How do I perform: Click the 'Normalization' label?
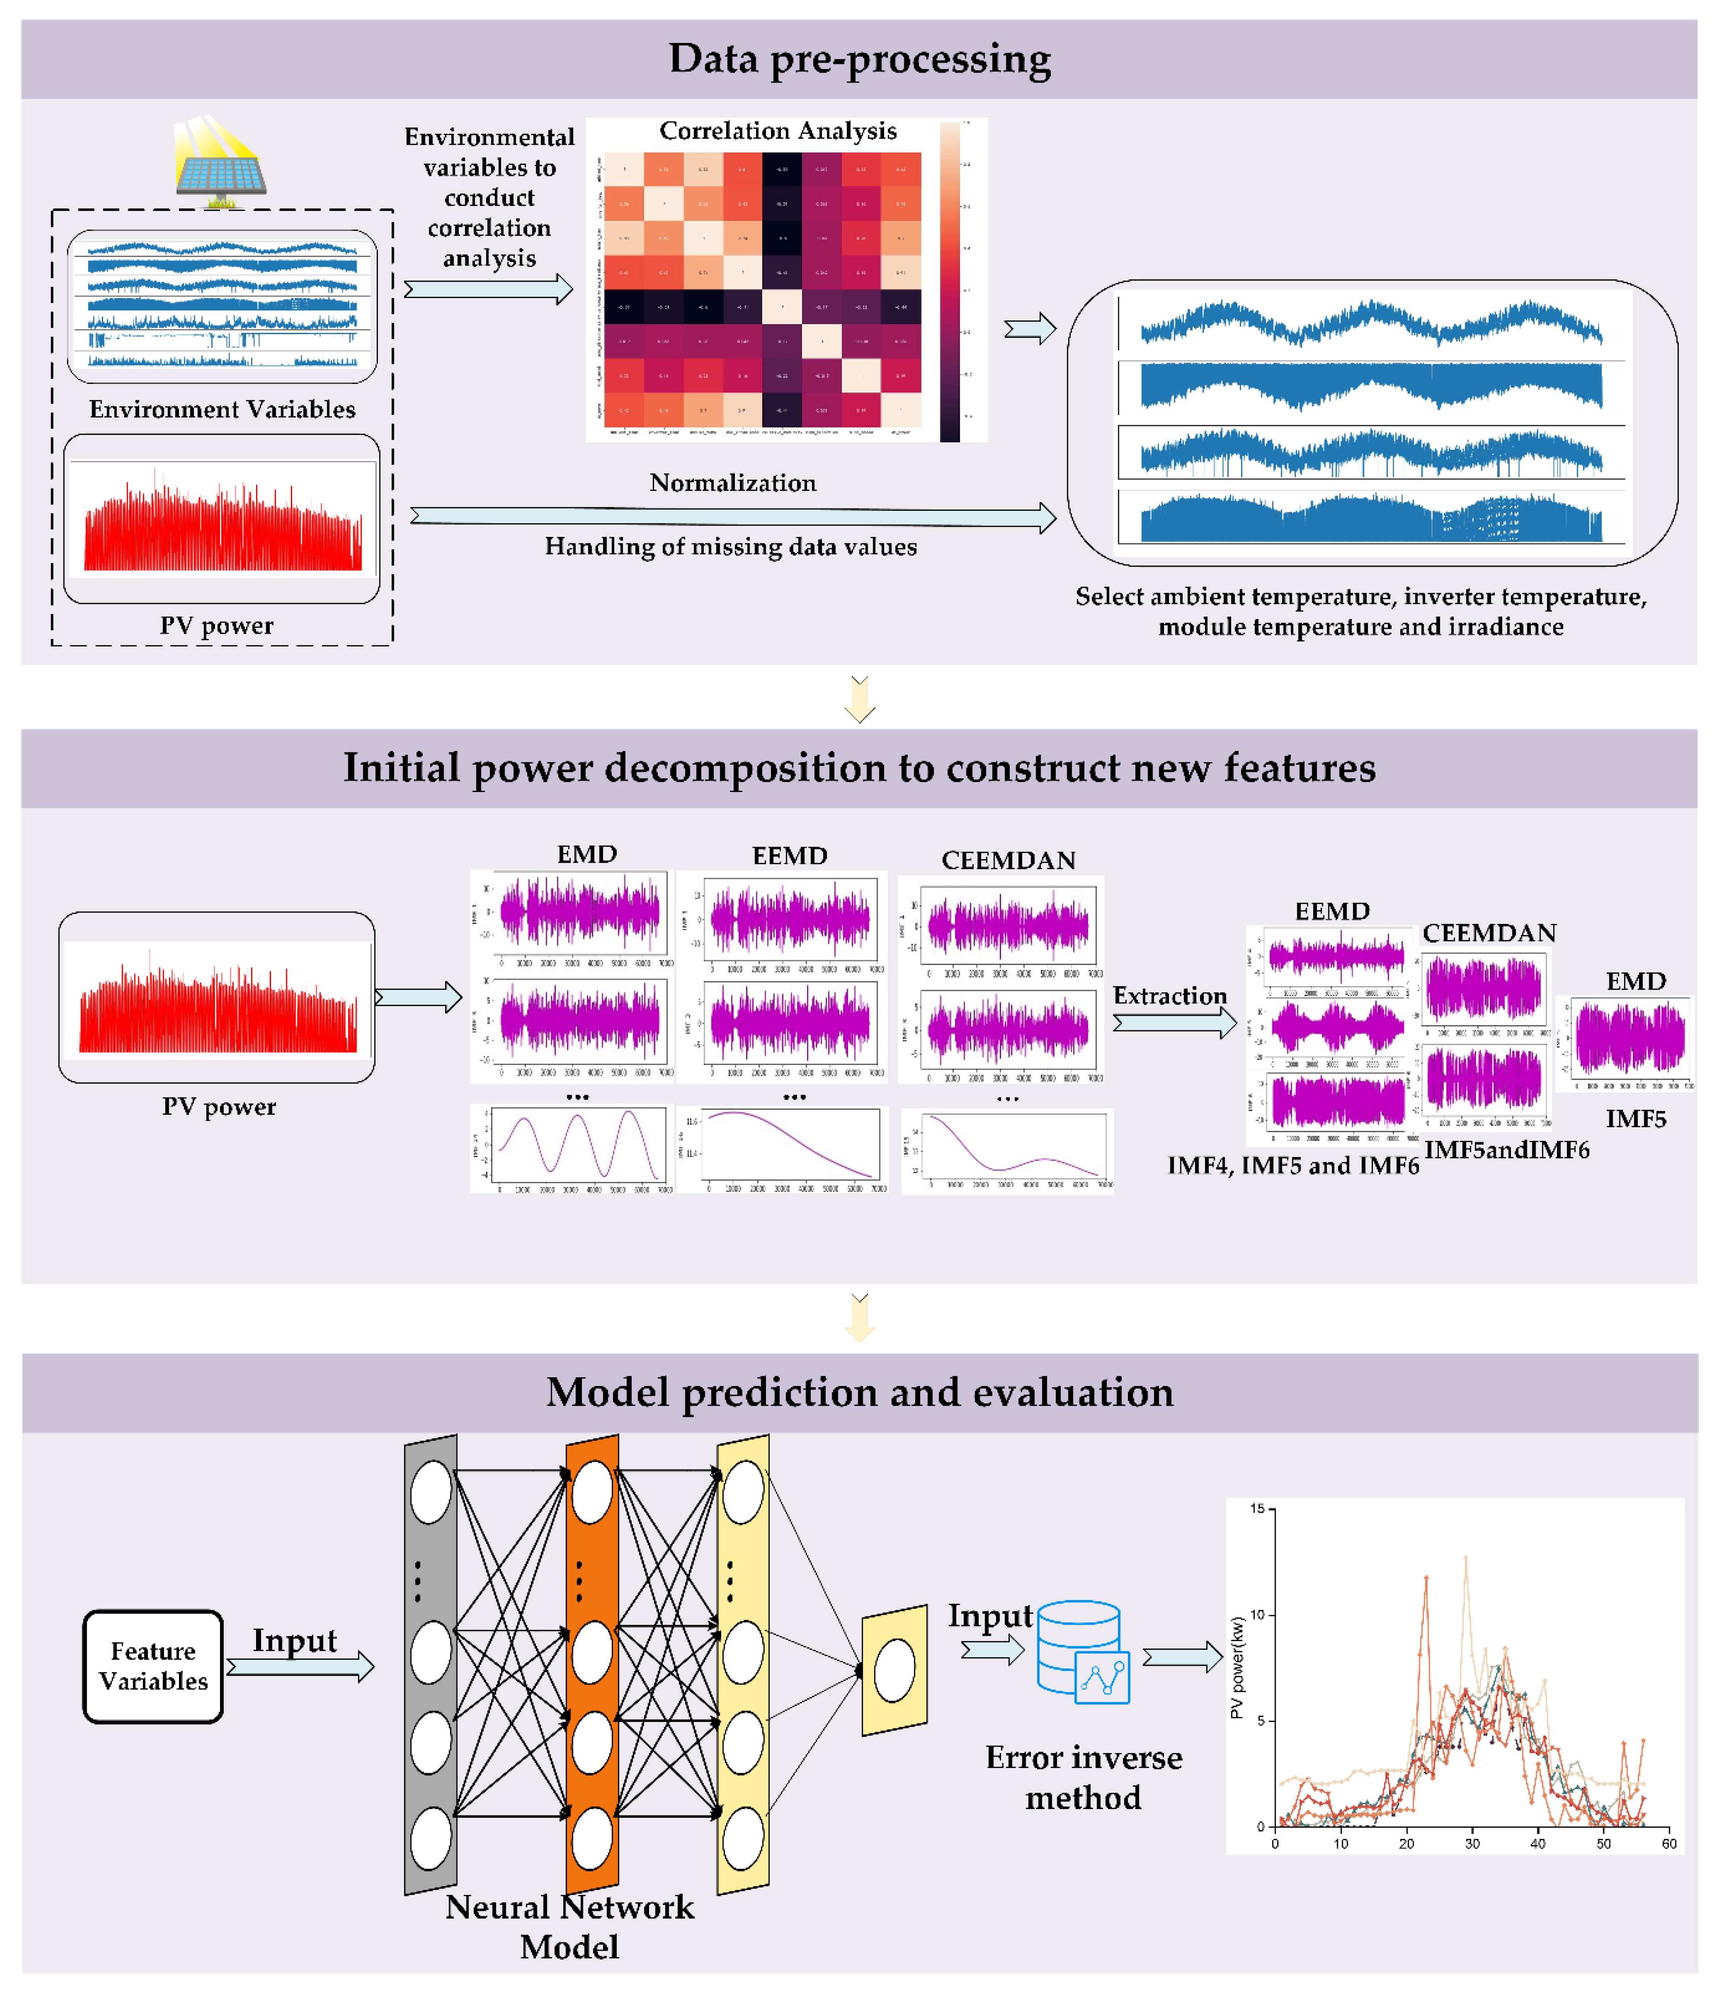tap(732, 483)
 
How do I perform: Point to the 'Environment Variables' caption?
tap(222, 410)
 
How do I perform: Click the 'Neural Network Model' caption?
tap(569, 1926)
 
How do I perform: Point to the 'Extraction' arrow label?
tap(1169, 996)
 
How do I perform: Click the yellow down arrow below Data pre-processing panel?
tap(859, 699)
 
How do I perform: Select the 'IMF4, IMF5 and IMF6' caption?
tap(1293, 1165)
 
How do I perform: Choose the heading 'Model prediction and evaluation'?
tap(859, 1392)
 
